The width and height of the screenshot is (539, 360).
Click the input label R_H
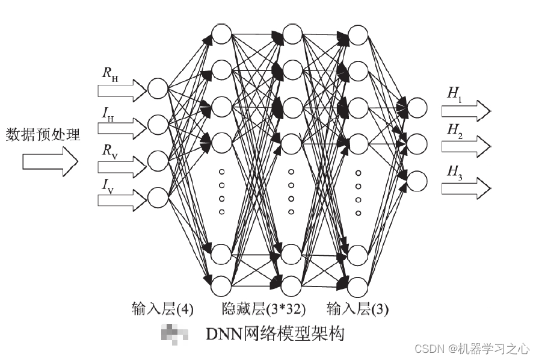tap(109, 75)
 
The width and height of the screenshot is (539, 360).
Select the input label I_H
tap(108, 113)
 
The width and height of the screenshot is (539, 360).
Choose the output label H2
tap(454, 132)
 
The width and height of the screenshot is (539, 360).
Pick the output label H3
tap(454, 172)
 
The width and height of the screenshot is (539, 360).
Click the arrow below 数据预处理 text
tap(51, 162)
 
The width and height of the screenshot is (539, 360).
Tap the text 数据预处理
tap(43, 134)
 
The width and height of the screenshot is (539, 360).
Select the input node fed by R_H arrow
tap(158, 89)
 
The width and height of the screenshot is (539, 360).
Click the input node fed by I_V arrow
tap(158, 197)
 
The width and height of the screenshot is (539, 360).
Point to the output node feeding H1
tap(417, 107)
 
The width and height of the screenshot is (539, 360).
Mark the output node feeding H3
tap(417, 180)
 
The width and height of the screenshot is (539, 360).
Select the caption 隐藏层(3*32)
tap(263, 309)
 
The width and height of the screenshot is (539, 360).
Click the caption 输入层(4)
tap(162, 309)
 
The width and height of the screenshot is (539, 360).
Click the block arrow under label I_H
tap(122, 126)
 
